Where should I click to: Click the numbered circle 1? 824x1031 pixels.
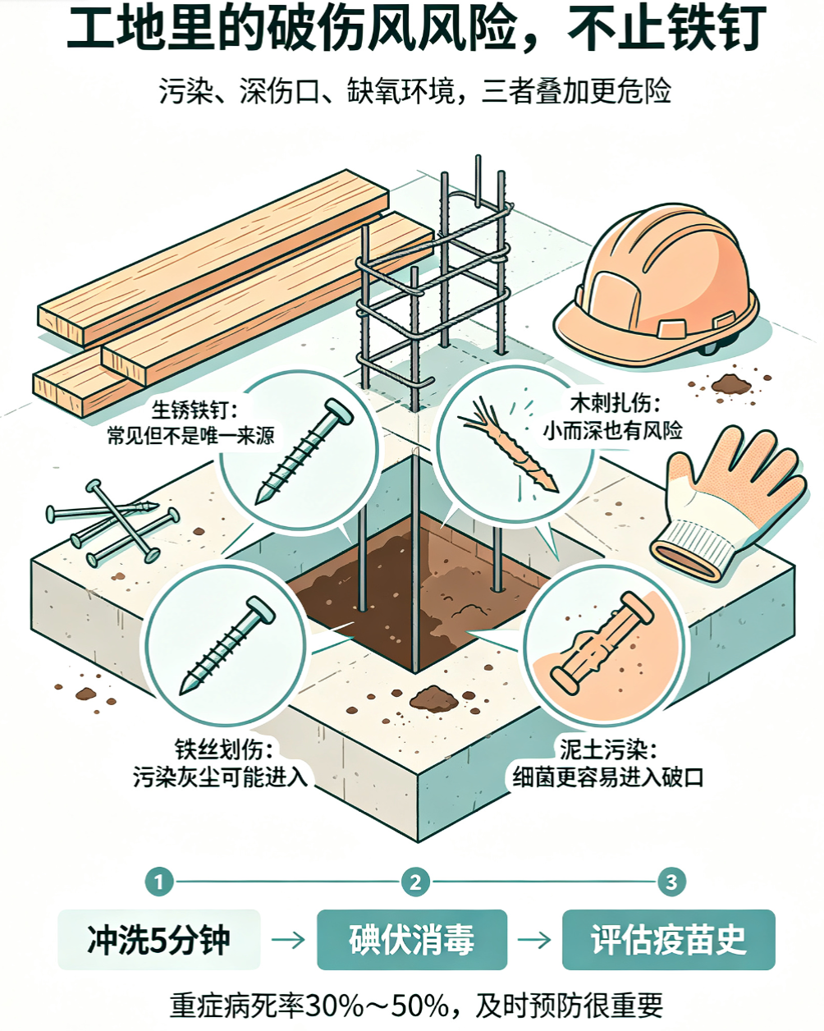tap(158, 882)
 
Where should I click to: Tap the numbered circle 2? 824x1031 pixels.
tap(415, 882)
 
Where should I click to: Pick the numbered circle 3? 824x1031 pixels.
tap(671, 882)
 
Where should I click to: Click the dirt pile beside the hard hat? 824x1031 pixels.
tap(731, 383)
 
